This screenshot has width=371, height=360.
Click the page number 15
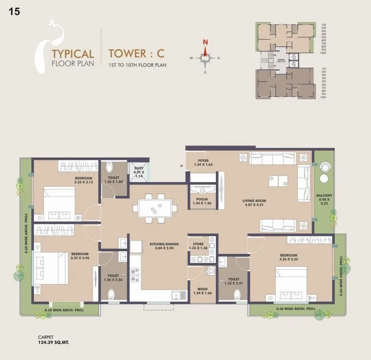pyautogui.click(x=14, y=12)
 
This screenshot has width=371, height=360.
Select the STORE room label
pyautogui.click(x=198, y=243)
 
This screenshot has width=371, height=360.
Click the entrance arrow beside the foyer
pyautogui.click(x=182, y=164)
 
